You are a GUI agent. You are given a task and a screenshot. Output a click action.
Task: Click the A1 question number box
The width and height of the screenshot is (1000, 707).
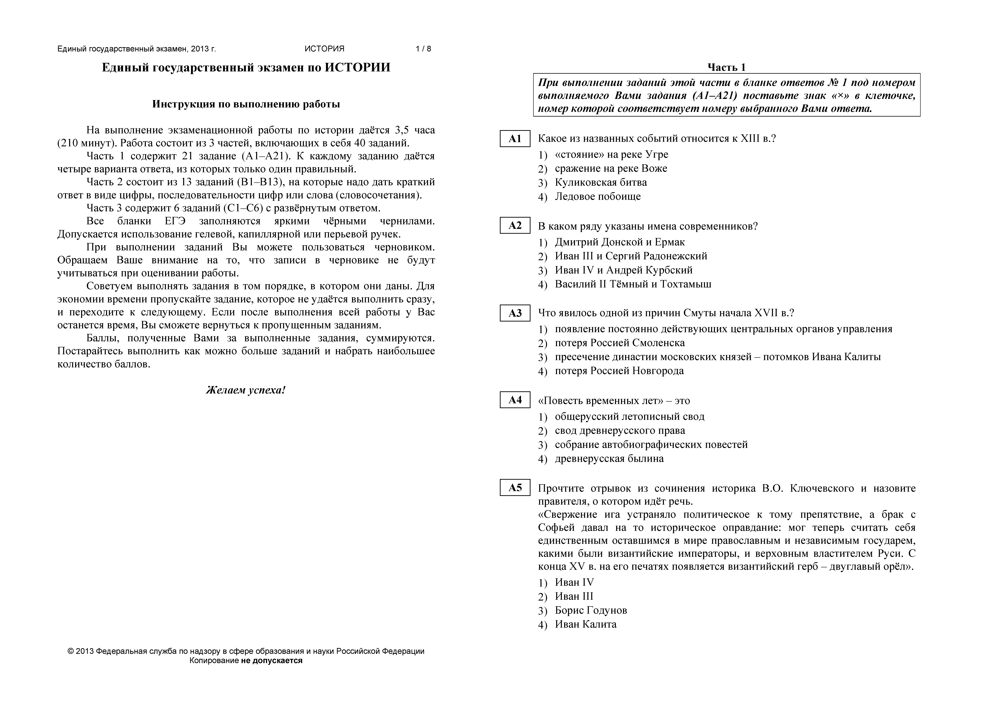point(515,139)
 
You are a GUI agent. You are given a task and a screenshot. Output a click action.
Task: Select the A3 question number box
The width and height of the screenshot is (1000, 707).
point(515,313)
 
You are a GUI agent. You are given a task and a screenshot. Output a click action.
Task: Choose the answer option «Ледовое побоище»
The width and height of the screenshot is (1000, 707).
point(597,197)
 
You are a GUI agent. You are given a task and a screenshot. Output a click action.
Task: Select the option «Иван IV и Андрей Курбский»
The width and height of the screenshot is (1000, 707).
point(623,270)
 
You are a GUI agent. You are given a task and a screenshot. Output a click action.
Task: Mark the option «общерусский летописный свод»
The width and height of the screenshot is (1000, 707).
point(629,416)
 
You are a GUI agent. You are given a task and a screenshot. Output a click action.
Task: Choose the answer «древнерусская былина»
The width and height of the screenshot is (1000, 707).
point(609,459)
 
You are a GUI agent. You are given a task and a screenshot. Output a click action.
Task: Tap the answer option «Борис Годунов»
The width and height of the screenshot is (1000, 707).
point(591,610)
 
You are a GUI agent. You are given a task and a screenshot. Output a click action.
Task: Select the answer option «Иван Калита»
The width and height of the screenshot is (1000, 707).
point(585,624)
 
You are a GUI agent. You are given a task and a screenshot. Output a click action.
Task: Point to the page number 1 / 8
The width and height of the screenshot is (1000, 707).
point(423,49)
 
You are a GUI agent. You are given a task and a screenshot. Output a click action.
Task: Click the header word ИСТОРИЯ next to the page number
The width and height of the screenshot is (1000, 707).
point(325,49)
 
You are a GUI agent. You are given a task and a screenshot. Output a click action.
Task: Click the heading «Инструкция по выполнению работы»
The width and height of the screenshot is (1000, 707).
point(246,104)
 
